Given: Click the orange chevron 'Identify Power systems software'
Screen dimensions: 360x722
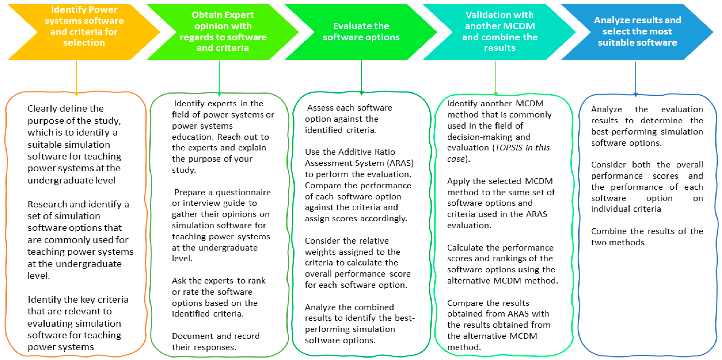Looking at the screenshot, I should click(84, 32).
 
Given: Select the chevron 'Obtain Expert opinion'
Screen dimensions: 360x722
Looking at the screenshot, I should click(223, 32).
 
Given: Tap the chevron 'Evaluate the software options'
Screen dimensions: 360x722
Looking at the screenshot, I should click(361, 32).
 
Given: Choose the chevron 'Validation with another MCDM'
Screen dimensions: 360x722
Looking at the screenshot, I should click(500, 32).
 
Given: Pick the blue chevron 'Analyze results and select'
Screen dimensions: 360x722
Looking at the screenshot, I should click(637, 32).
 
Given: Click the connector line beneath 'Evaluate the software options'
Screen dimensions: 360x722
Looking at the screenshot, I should click(361, 76).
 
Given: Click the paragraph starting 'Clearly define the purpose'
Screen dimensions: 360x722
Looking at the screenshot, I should click(74, 144).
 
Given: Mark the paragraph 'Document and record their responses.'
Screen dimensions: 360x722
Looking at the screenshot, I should click(216, 341).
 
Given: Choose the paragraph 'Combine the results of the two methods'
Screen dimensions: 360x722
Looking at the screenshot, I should click(647, 237).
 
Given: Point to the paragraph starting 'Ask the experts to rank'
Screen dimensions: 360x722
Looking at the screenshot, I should click(219, 297).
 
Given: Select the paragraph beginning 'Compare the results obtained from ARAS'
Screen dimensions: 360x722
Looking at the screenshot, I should click(498, 325).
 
